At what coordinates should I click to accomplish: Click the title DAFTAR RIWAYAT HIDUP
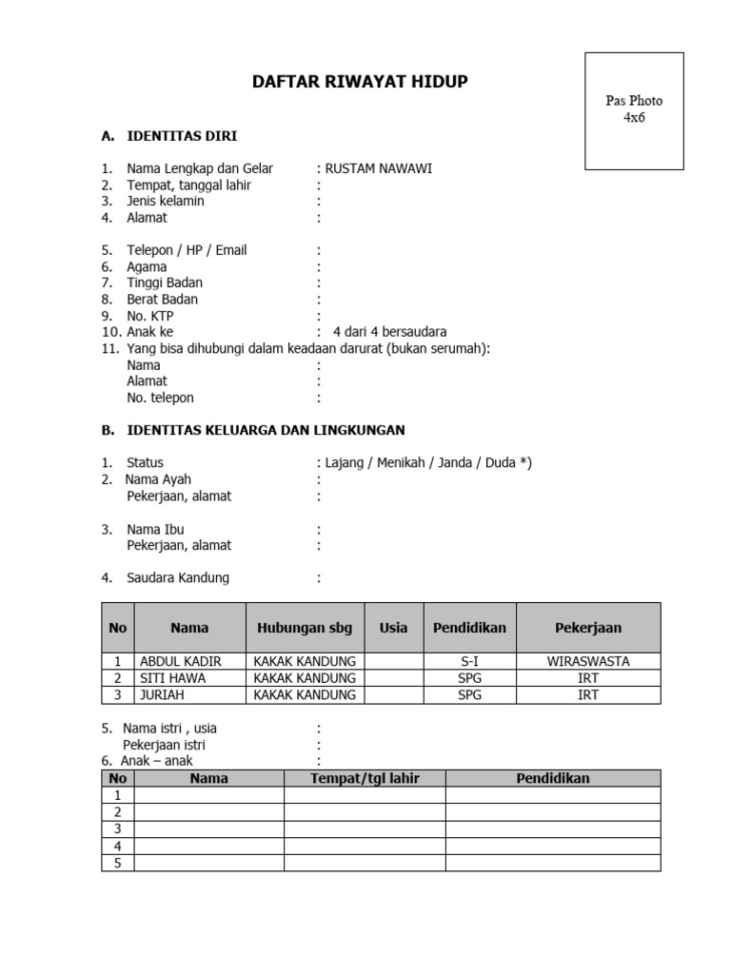(x=360, y=82)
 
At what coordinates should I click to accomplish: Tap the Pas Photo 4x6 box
(x=634, y=110)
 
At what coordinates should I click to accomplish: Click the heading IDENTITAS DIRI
(x=182, y=136)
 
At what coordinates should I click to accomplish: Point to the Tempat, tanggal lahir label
(x=188, y=185)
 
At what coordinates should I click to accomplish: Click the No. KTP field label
(x=150, y=316)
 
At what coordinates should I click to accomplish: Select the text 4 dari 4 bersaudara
(x=389, y=332)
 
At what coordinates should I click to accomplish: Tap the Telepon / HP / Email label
(x=187, y=250)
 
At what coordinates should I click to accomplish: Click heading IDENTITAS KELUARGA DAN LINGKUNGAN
(x=266, y=430)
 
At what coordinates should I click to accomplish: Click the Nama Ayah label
(x=158, y=479)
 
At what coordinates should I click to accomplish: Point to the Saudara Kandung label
(x=178, y=577)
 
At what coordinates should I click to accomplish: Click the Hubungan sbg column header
(x=305, y=628)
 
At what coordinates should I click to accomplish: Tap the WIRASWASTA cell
(x=588, y=661)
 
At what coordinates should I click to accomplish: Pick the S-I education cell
(x=470, y=661)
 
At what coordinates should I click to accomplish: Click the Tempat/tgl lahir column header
(x=365, y=778)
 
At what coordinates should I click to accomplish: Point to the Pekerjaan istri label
(x=164, y=745)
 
